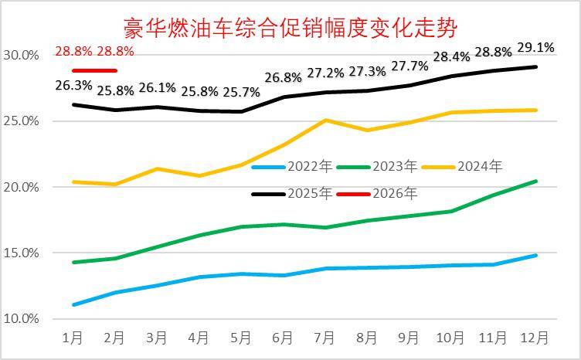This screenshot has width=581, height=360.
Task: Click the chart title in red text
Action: pyautogui.click(x=290, y=29)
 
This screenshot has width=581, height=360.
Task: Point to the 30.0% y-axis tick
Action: pyautogui.click(x=21, y=56)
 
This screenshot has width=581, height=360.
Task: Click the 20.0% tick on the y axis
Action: pyautogui.click(x=21, y=187)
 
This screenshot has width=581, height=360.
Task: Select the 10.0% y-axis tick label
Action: pyautogui.click(x=21, y=318)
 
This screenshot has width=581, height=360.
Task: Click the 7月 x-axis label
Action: pyautogui.click(x=324, y=338)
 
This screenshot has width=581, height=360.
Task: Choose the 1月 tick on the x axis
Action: pyautogui.click(x=73, y=338)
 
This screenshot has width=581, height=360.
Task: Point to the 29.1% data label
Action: pyautogui.click(x=535, y=48)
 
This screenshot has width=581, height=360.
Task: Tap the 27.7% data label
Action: pyautogui.click(x=409, y=66)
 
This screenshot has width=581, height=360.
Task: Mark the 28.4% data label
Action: pyautogui.click(x=452, y=56)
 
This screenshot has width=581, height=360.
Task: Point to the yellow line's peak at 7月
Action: pyautogui.click(x=325, y=120)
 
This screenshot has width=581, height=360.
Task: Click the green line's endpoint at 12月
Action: pyautogui.click(x=535, y=182)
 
